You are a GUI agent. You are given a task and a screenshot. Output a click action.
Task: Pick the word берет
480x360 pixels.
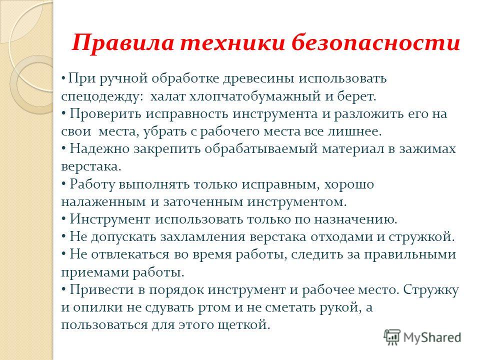pyautogui.click(x=356, y=96)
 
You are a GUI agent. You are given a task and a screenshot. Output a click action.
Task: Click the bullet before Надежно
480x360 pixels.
pyautogui.click(x=63, y=148)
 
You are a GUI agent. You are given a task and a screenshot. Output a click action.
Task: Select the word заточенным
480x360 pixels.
pyautogui.click(x=203, y=202)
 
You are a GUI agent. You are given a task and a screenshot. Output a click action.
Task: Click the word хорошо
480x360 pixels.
pyautogui.click(x=349, y=185)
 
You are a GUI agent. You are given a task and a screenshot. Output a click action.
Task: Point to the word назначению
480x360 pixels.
pyautogui.click(x=355, y=220)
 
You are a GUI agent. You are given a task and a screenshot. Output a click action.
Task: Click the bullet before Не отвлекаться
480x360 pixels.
pyautogui.click(x=63, y=254)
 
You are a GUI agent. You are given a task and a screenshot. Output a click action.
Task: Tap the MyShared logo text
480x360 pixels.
pyautogui.click(x=431, y=338)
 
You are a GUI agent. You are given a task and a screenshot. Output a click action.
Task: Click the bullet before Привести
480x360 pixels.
pyautogui.click(x=63, y=290)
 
